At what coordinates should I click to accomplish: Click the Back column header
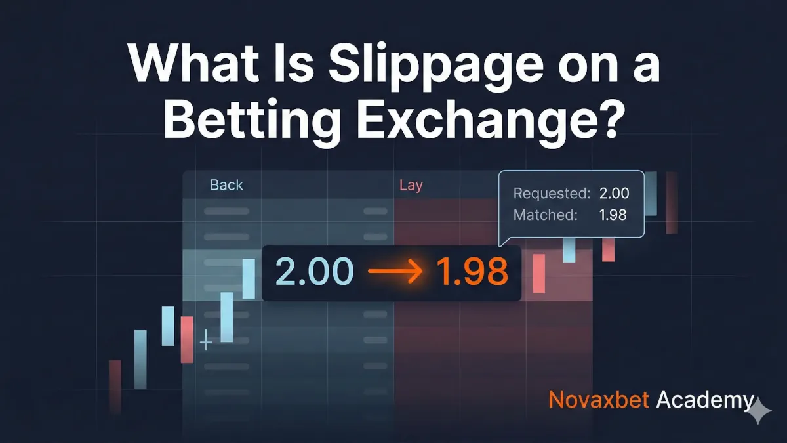[226, 185]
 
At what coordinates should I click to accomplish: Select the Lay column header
[411, 185]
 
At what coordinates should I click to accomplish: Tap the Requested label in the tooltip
[552, 194]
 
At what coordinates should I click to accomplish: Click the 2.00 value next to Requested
[614, 194]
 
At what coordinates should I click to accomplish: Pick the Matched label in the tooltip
[546, 215]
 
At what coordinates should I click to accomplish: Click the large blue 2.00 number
[314, 272]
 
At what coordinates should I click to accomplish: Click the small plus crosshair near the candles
[206, 342]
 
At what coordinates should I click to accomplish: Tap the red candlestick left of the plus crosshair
[187, 339]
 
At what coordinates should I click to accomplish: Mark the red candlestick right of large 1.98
[539, 273]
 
